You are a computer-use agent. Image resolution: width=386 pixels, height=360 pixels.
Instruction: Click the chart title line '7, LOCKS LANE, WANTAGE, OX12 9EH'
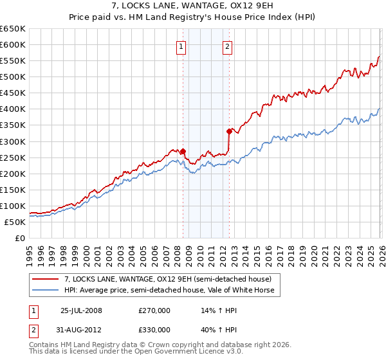[x=192, y=6]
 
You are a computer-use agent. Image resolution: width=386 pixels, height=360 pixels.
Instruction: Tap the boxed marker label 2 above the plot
[x=228, y=46]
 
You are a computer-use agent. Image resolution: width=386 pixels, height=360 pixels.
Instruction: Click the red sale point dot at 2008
[x=183, y=152]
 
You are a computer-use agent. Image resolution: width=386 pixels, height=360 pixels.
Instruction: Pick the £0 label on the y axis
[x=19, y=238]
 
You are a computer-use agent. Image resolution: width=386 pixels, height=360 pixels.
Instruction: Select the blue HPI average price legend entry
[x=169, y=291]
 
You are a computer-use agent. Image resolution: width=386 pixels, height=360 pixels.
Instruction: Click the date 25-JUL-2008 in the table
[x=81, y=310]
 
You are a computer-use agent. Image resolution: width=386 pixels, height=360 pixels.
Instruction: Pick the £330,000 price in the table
[x=154, y=330]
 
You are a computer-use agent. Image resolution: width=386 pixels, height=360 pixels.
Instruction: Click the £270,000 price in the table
[x=154, y=310]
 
